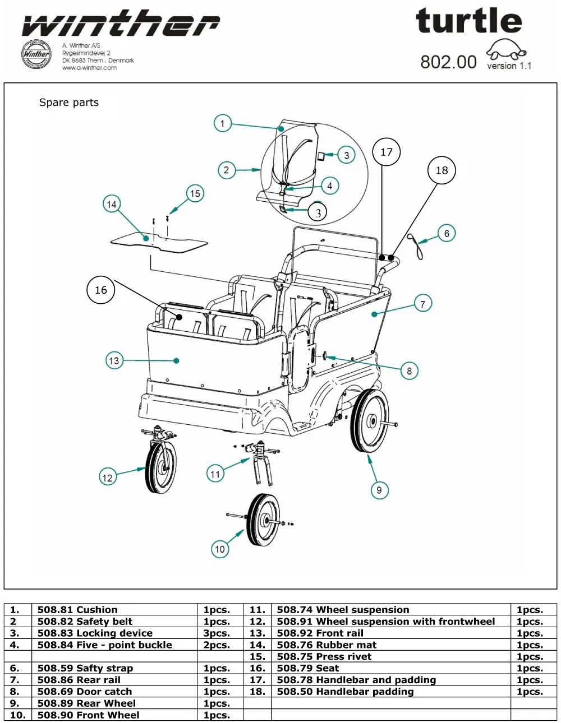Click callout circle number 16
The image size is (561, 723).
pos(101,290)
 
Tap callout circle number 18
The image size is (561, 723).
pos(442,170)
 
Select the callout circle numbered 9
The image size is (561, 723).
pos(379,490)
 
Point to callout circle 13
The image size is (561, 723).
pos(114,360)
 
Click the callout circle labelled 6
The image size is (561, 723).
pos(447,233)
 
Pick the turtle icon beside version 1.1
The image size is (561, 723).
pos(507,50)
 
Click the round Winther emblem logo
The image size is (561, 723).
pos(36,54)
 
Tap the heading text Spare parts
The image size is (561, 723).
pos(69,103)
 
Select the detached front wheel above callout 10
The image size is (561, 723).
pos(263,520)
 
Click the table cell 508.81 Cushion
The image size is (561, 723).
pos(77,610)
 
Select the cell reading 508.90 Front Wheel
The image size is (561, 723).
pos(88,715)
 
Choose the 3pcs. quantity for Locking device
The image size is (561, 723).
pos(217,633)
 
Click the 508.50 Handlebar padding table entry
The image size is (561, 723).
pos(345,692)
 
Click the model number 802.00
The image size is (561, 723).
pos(448,62)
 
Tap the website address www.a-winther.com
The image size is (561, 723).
pos(89,68)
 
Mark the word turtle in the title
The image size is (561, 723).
pos(469,22)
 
